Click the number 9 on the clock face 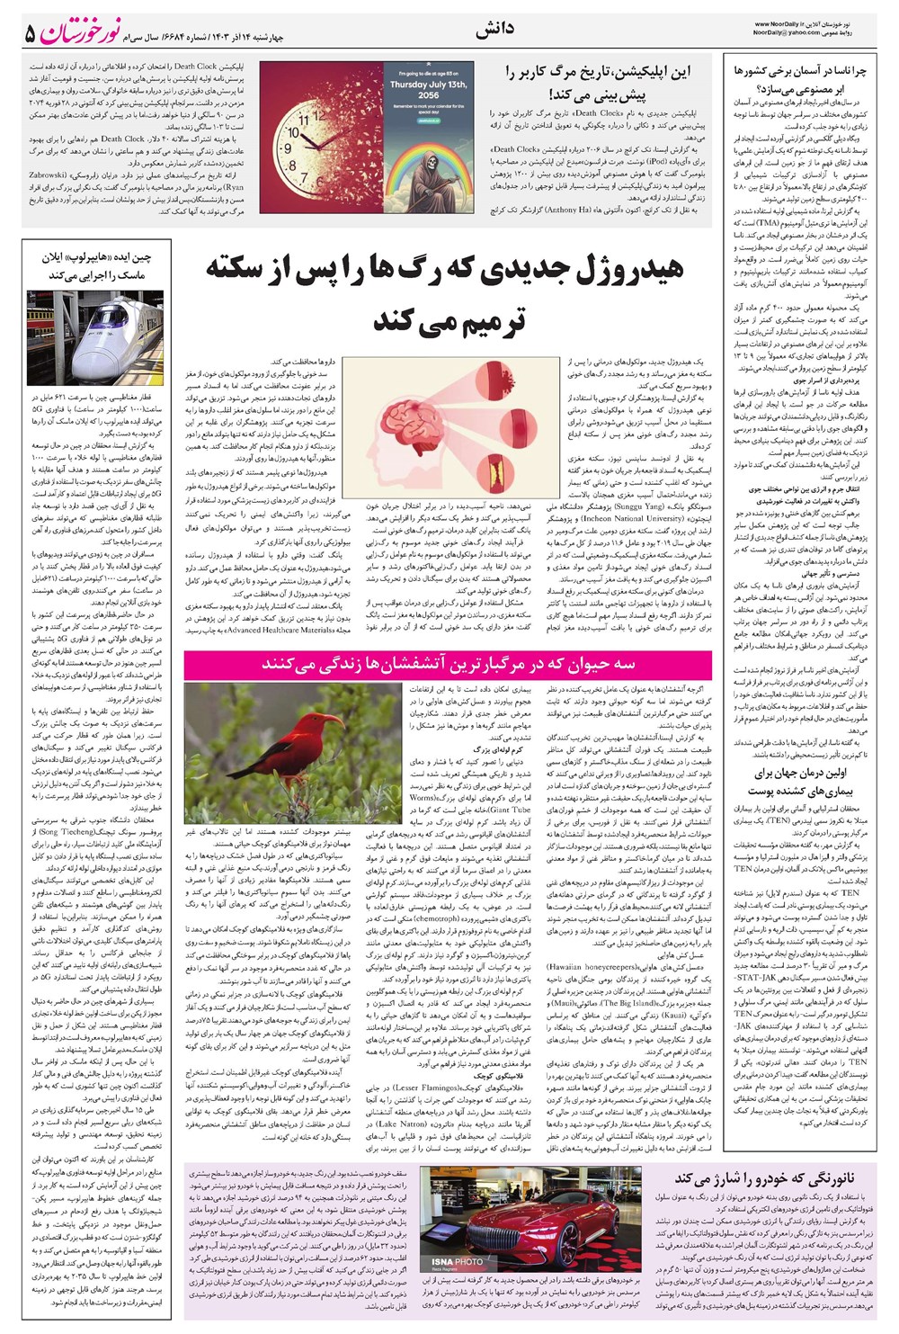289,136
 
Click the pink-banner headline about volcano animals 448,665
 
